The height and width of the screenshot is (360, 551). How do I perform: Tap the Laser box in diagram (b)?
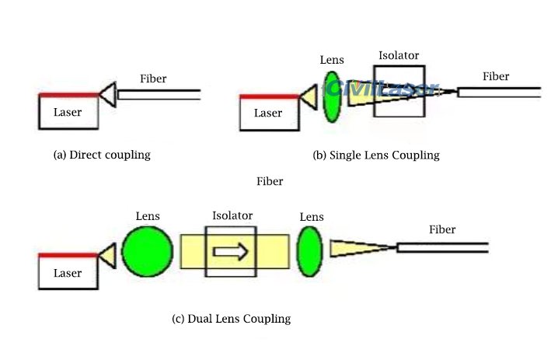pos(268,114)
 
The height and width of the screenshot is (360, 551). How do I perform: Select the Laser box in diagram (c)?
pos(68,273)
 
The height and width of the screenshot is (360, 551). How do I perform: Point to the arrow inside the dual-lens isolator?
pos(231,251)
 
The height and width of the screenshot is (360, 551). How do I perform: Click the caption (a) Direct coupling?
pos(101,155)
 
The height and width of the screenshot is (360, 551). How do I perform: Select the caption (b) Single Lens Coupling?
pos(375,156)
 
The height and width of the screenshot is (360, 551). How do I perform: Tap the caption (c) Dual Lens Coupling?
pos(231,318)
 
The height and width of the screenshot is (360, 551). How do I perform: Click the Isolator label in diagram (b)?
pos(398,56)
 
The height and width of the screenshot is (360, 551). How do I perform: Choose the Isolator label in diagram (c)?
pos(232,215)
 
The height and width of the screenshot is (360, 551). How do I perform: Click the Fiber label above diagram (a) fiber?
pos(153,79)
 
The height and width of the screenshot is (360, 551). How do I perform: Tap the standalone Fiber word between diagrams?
pos(270,181)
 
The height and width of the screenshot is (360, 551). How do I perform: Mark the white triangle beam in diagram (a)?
pos(108,94)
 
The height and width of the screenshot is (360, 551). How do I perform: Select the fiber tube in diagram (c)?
pos(441,248)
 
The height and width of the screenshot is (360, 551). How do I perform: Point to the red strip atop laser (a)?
pos(68,94)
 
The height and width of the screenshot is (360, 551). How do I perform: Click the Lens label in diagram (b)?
pos(332,60)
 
